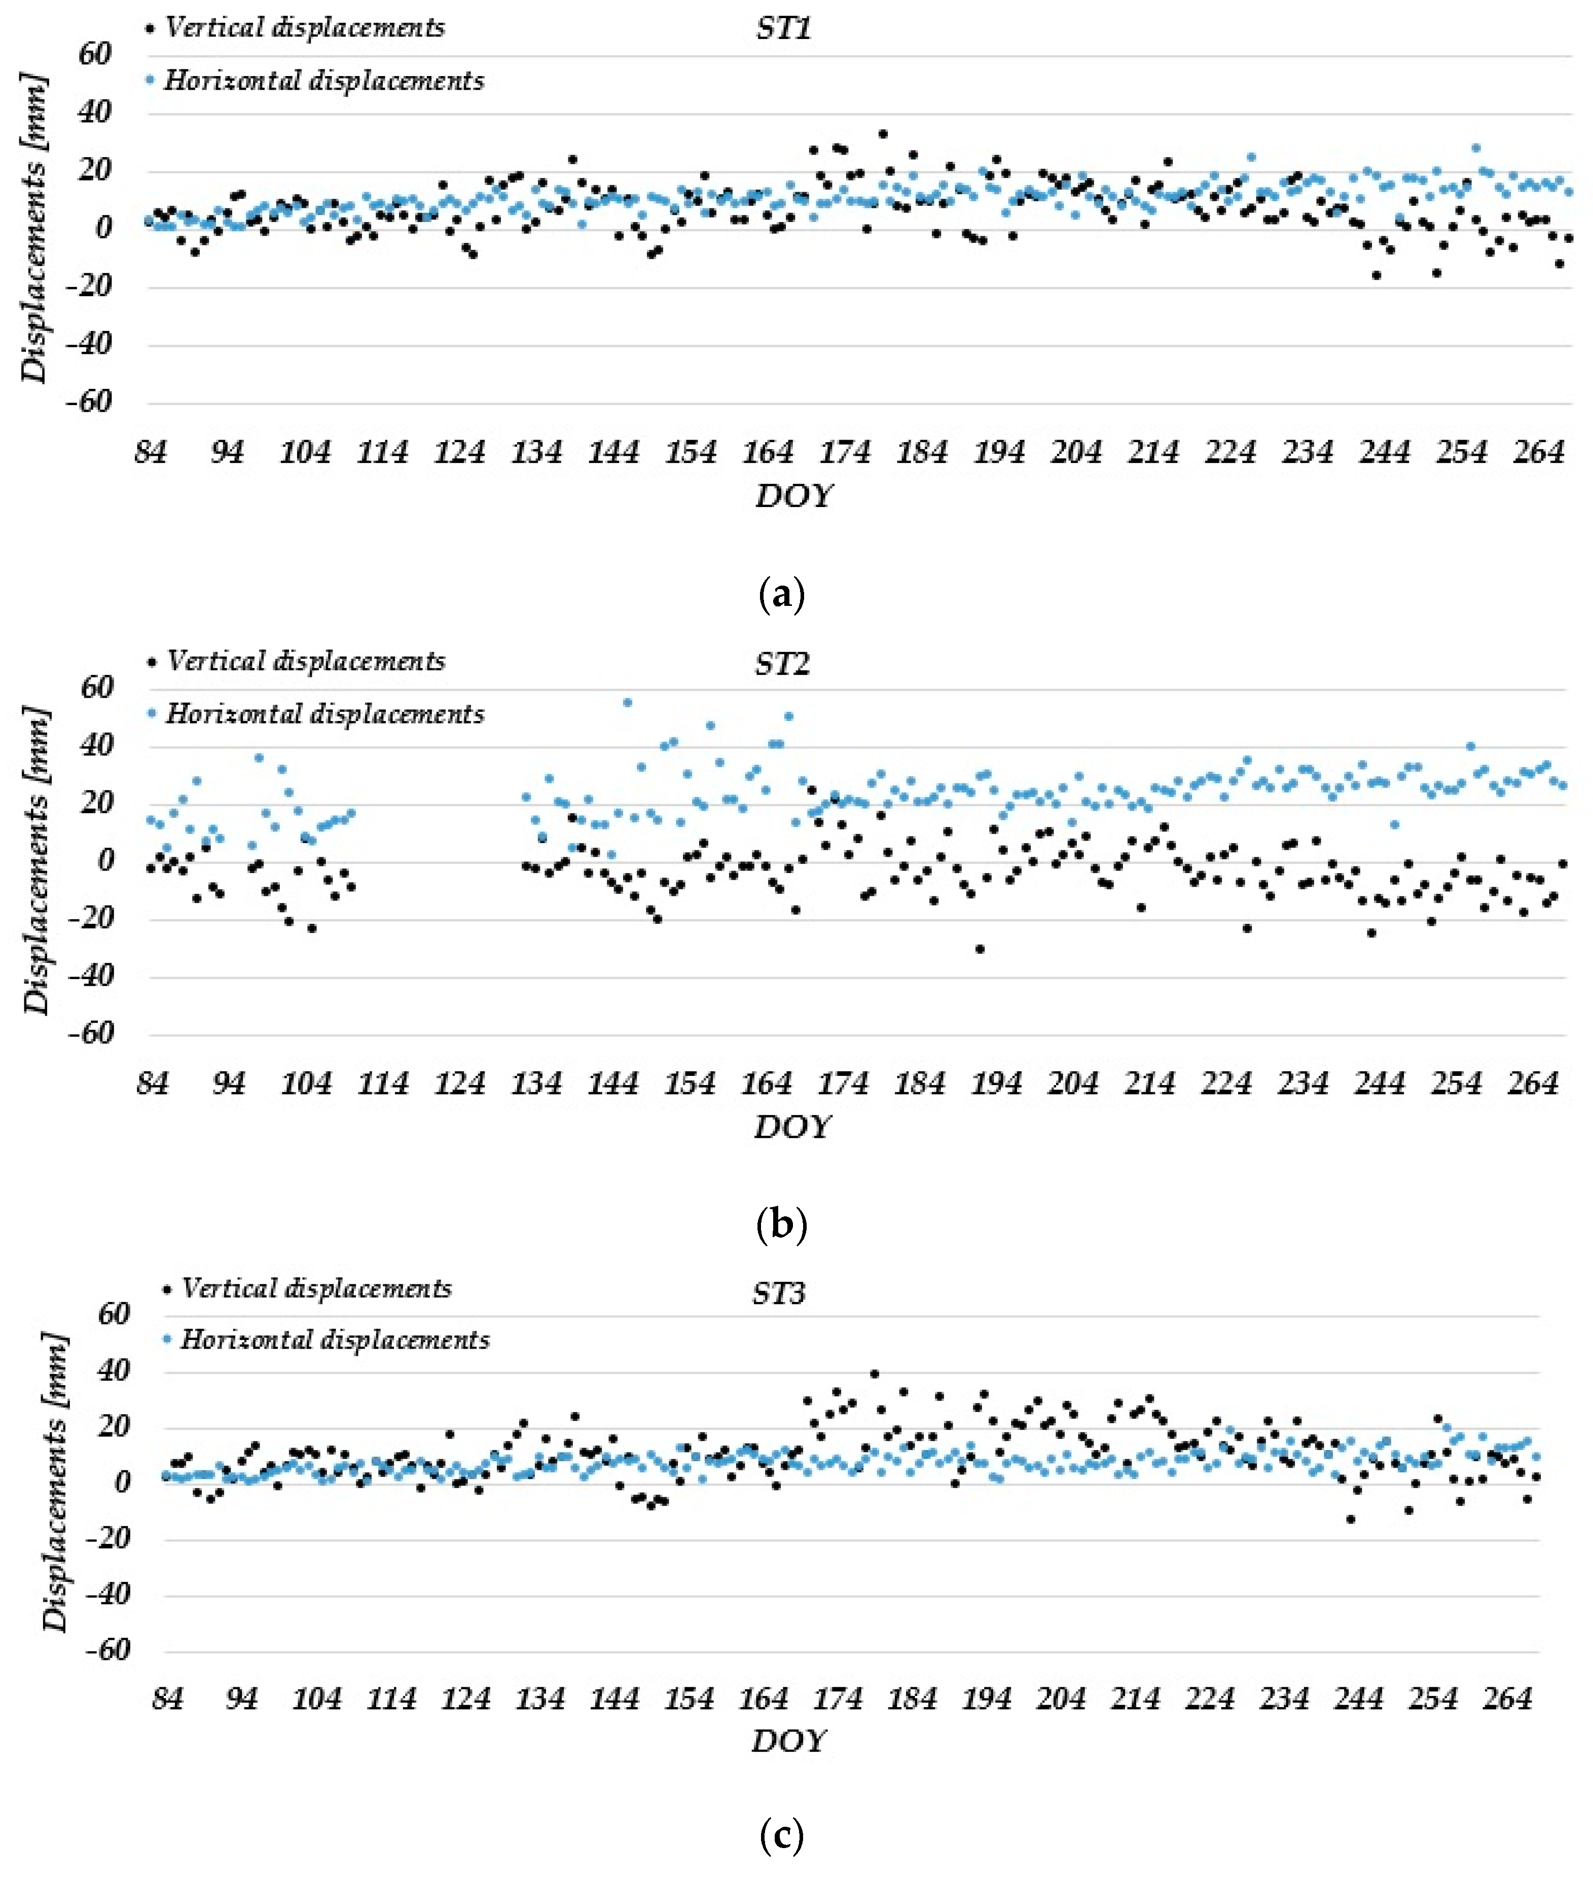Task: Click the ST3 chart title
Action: (778, 1294)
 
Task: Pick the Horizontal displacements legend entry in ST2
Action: (324, 714)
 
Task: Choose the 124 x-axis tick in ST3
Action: (465, 1699)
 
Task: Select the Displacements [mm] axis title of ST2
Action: (36, 860)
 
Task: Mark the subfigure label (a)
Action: (782, 595)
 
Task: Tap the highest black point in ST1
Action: (882, 134)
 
